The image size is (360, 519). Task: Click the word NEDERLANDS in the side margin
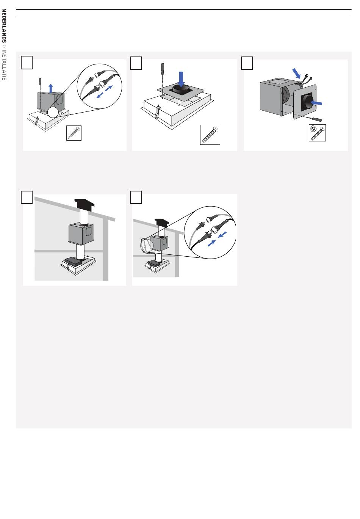click(4, 26)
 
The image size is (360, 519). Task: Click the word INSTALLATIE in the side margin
click(4, 65)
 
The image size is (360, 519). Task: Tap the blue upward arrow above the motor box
click(51, 88)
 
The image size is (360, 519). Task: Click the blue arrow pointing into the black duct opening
click(316, 102)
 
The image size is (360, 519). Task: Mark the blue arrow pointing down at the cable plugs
click(296, 73)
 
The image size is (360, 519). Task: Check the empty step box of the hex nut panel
click(247, 63)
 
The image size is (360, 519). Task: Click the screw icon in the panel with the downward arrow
click(210, 135)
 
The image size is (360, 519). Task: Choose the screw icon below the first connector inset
click(74, 133)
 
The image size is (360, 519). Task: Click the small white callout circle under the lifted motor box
click(53, 112)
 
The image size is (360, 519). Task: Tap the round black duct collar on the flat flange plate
click(181, 88)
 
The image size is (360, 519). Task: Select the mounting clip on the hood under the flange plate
click(158, 112)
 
